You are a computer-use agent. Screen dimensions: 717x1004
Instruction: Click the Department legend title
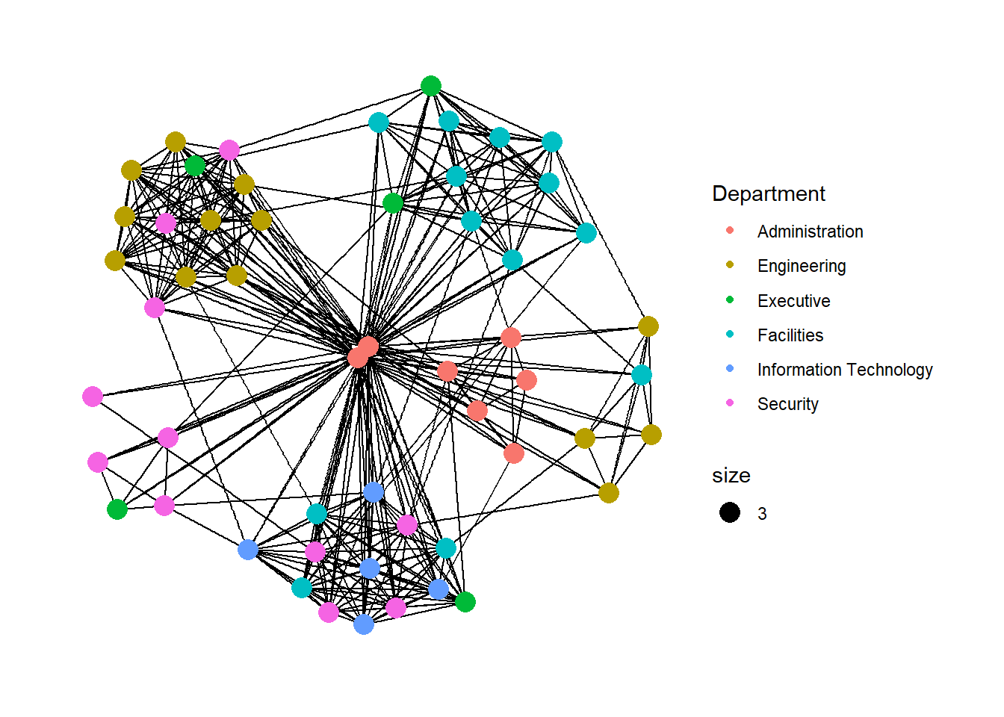[768, 194]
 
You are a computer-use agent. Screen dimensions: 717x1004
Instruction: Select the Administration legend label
[810, 232]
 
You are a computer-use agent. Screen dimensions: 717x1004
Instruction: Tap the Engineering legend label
[802, 266]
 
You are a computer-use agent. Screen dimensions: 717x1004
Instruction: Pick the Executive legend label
[793, 301]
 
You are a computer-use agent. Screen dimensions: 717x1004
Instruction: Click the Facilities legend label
[790, 335]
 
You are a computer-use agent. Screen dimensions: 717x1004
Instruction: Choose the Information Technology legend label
[845, 370]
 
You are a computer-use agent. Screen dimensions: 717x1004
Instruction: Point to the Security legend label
[787, 404]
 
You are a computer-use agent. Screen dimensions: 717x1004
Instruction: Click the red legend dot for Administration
[730, 231]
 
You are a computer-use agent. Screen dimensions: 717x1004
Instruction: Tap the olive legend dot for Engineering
[730, 265]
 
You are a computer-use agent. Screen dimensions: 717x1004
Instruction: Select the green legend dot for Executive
[730, 300]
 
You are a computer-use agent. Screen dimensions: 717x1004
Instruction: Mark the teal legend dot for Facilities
[730, 335]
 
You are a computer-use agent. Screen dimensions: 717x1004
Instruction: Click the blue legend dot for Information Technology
[730, 369]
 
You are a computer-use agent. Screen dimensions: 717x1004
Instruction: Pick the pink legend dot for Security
[730, 403]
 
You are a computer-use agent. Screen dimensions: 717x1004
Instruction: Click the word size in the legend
[731, 476]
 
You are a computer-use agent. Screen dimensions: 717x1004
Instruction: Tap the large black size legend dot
[730, 512]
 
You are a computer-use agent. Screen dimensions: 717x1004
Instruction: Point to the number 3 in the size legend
[762, 514]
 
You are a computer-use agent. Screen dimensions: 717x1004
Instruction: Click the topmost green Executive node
[430, 86]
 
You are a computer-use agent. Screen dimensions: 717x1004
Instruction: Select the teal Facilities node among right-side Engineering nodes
[642, 375]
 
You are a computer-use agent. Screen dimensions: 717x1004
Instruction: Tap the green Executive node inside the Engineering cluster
[195, 166]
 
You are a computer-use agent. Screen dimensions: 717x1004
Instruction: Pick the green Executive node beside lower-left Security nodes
[117, 509]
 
